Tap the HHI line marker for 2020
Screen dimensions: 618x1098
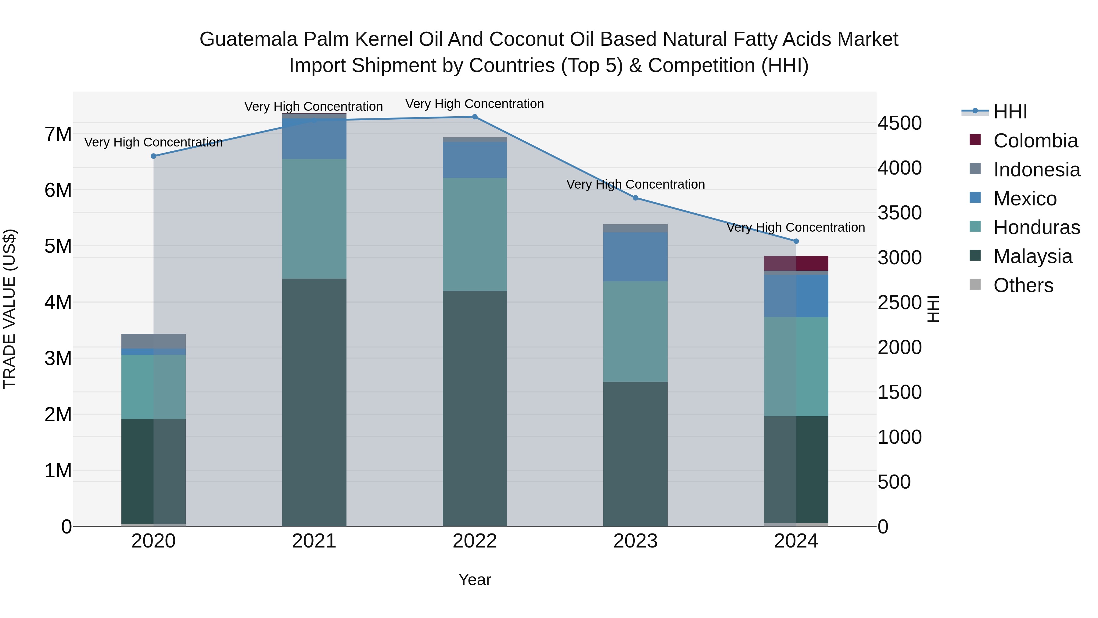[x=153, y=156]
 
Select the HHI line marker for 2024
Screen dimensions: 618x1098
[x=796, y=241]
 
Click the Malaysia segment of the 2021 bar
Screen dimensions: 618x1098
[x=314, y=401]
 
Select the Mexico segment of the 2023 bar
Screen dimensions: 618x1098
[x=635, y=257]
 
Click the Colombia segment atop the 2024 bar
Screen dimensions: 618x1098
[x=796, y=263]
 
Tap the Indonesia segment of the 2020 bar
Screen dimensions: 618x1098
[x=153, y=341]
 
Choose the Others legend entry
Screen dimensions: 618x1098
[x=1023, y=285]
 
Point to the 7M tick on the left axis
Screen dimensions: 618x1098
[x=58, y=134]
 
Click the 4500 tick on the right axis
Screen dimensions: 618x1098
[x=899, y=123]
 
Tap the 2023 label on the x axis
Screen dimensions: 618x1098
[x=635, y=541]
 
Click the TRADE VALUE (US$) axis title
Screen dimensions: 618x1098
[x=9, y=309]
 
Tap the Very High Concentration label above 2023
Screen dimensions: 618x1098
[x=635, y=184]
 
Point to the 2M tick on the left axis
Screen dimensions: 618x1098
[x=58, y=414]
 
